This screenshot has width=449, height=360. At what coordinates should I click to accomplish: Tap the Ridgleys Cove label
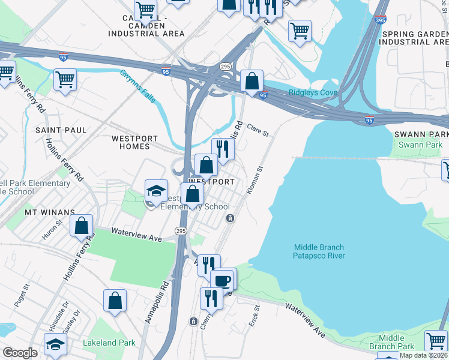click(313, 92)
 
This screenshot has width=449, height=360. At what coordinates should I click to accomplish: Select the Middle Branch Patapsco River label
click(320, 251)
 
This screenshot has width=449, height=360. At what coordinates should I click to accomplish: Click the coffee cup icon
click(223, 280)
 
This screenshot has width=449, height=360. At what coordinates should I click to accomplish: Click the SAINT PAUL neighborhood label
click(61, 130)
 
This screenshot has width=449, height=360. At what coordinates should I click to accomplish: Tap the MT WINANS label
click(49, 212)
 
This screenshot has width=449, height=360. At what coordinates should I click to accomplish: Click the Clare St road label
click(258, 130)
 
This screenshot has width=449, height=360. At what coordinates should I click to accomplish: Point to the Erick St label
click(255, 316)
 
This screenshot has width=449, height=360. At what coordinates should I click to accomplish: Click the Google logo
click(20, 353)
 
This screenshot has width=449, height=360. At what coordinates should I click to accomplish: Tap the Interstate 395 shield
click(380, 20)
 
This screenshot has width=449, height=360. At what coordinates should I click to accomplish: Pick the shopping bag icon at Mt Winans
click(82, 226)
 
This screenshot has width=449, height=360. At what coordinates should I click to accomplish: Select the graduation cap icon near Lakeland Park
click(55, 344)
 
